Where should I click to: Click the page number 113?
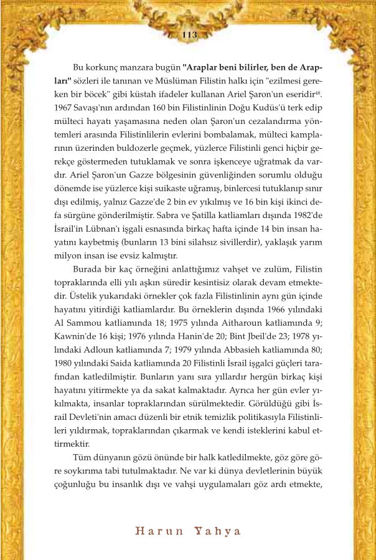coord(188,36)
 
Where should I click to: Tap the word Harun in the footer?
coord(157,531)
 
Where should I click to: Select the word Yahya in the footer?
coord(217,531)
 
